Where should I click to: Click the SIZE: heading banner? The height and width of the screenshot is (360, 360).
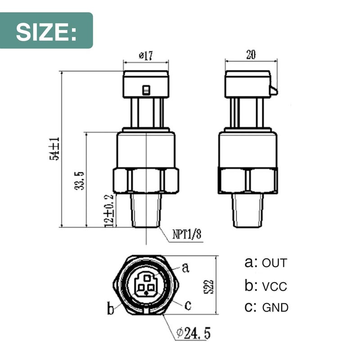(46, 31)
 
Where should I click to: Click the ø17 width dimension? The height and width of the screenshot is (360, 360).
(146, 56)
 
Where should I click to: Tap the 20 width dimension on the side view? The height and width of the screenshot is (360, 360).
(251, 54)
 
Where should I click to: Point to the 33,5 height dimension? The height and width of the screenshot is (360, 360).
(80, 180)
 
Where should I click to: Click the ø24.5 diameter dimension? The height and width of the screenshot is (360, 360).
(193, 333)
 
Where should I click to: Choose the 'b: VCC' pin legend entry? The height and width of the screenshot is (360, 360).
(265, 286)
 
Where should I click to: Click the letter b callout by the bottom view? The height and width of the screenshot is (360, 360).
(110, 309)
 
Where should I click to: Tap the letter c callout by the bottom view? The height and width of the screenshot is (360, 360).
(188, 306)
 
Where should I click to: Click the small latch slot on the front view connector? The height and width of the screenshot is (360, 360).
(145, 90)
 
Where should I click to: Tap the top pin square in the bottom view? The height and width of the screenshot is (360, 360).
(146, 279)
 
